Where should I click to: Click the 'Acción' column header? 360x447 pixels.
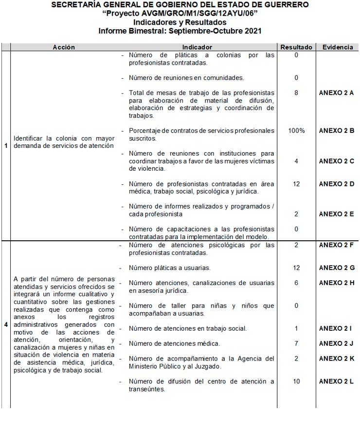(64, 47)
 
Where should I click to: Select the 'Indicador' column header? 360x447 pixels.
(197, 47)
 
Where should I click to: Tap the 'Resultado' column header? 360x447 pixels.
(296, 47)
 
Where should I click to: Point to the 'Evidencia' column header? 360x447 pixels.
(337, 47)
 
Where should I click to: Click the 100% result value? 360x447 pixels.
(296, 131)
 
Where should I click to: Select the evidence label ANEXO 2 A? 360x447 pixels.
(336, 93)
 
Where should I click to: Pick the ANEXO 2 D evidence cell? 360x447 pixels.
(336, 184)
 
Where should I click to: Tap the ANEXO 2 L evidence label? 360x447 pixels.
(336, 381)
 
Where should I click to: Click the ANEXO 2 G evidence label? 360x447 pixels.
(337, 268)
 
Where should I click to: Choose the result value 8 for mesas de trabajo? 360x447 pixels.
(296, 93)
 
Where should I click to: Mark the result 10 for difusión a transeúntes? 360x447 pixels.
(296, 381)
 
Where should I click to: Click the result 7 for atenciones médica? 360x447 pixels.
(296, 343)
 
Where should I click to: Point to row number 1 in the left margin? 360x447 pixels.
(6, 145)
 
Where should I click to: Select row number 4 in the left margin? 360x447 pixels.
(6, 324)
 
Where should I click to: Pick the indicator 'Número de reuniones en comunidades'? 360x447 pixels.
(186, 78)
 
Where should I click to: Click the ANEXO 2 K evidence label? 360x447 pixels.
(336, 358)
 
